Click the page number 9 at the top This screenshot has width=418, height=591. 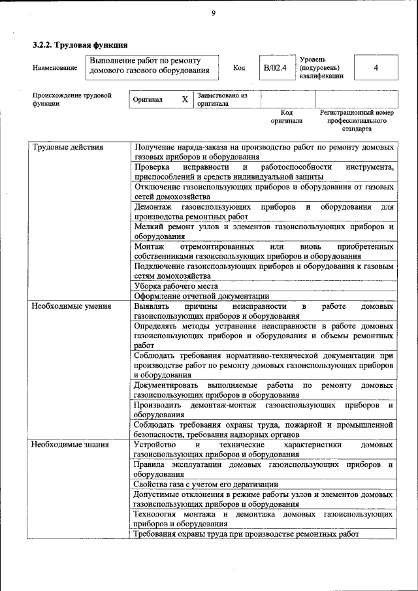[x=213, y=14]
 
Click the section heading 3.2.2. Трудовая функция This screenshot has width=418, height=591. [x=80, y=45]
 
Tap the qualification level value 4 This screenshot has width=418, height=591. [x=376, y=68]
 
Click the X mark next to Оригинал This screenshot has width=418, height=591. [x=184, y=99]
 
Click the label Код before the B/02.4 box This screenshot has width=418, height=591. [x=239, y=68]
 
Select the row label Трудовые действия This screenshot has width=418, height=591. [x=68, y=147]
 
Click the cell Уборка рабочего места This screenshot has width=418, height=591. [x=176, y=285]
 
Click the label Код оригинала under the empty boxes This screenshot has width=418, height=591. [x=287, y=116]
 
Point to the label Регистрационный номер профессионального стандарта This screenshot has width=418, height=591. [x=356, y=120]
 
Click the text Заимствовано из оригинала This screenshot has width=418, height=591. [x=221, y=99]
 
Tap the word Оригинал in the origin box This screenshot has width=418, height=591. [x=147, y=99]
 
